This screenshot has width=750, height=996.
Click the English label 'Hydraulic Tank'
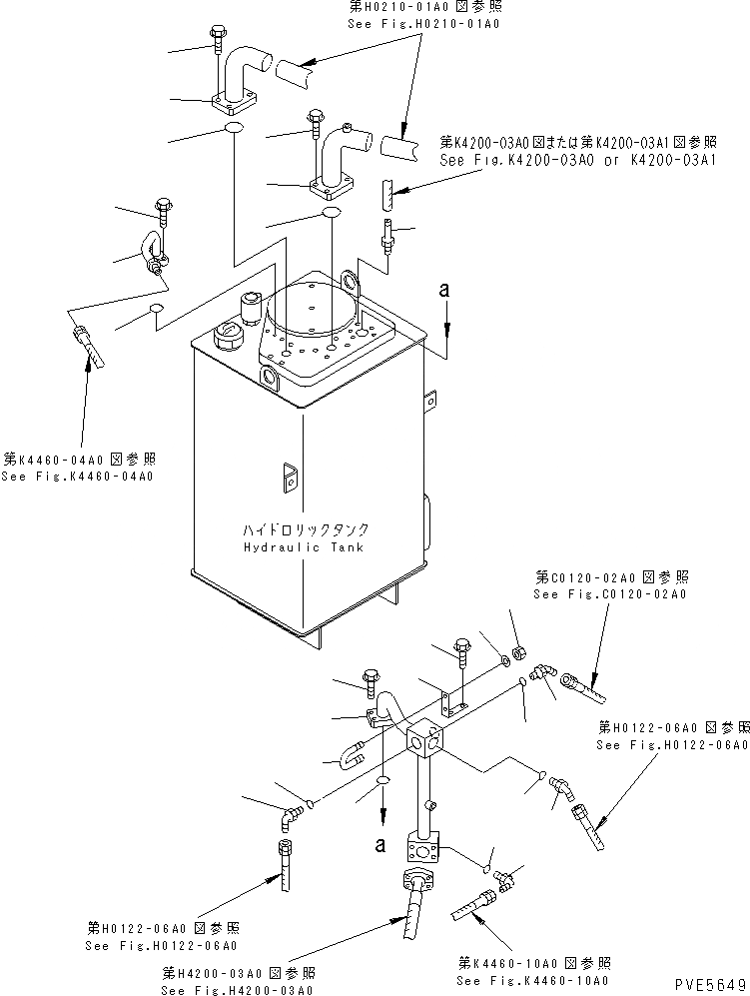pyautogui.click(x=304, y=547)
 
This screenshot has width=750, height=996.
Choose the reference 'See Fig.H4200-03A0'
pyautogui.click(x=237, y=989)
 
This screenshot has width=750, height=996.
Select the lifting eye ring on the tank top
pyautogui.click(x=349, y=284)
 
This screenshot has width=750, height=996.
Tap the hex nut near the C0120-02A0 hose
pyautogui.click(x=518, y=655)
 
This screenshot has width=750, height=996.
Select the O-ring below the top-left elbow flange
pyautogui.click(x=233, y=130)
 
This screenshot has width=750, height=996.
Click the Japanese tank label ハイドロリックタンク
pyautogui.click(x=304, y=530)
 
